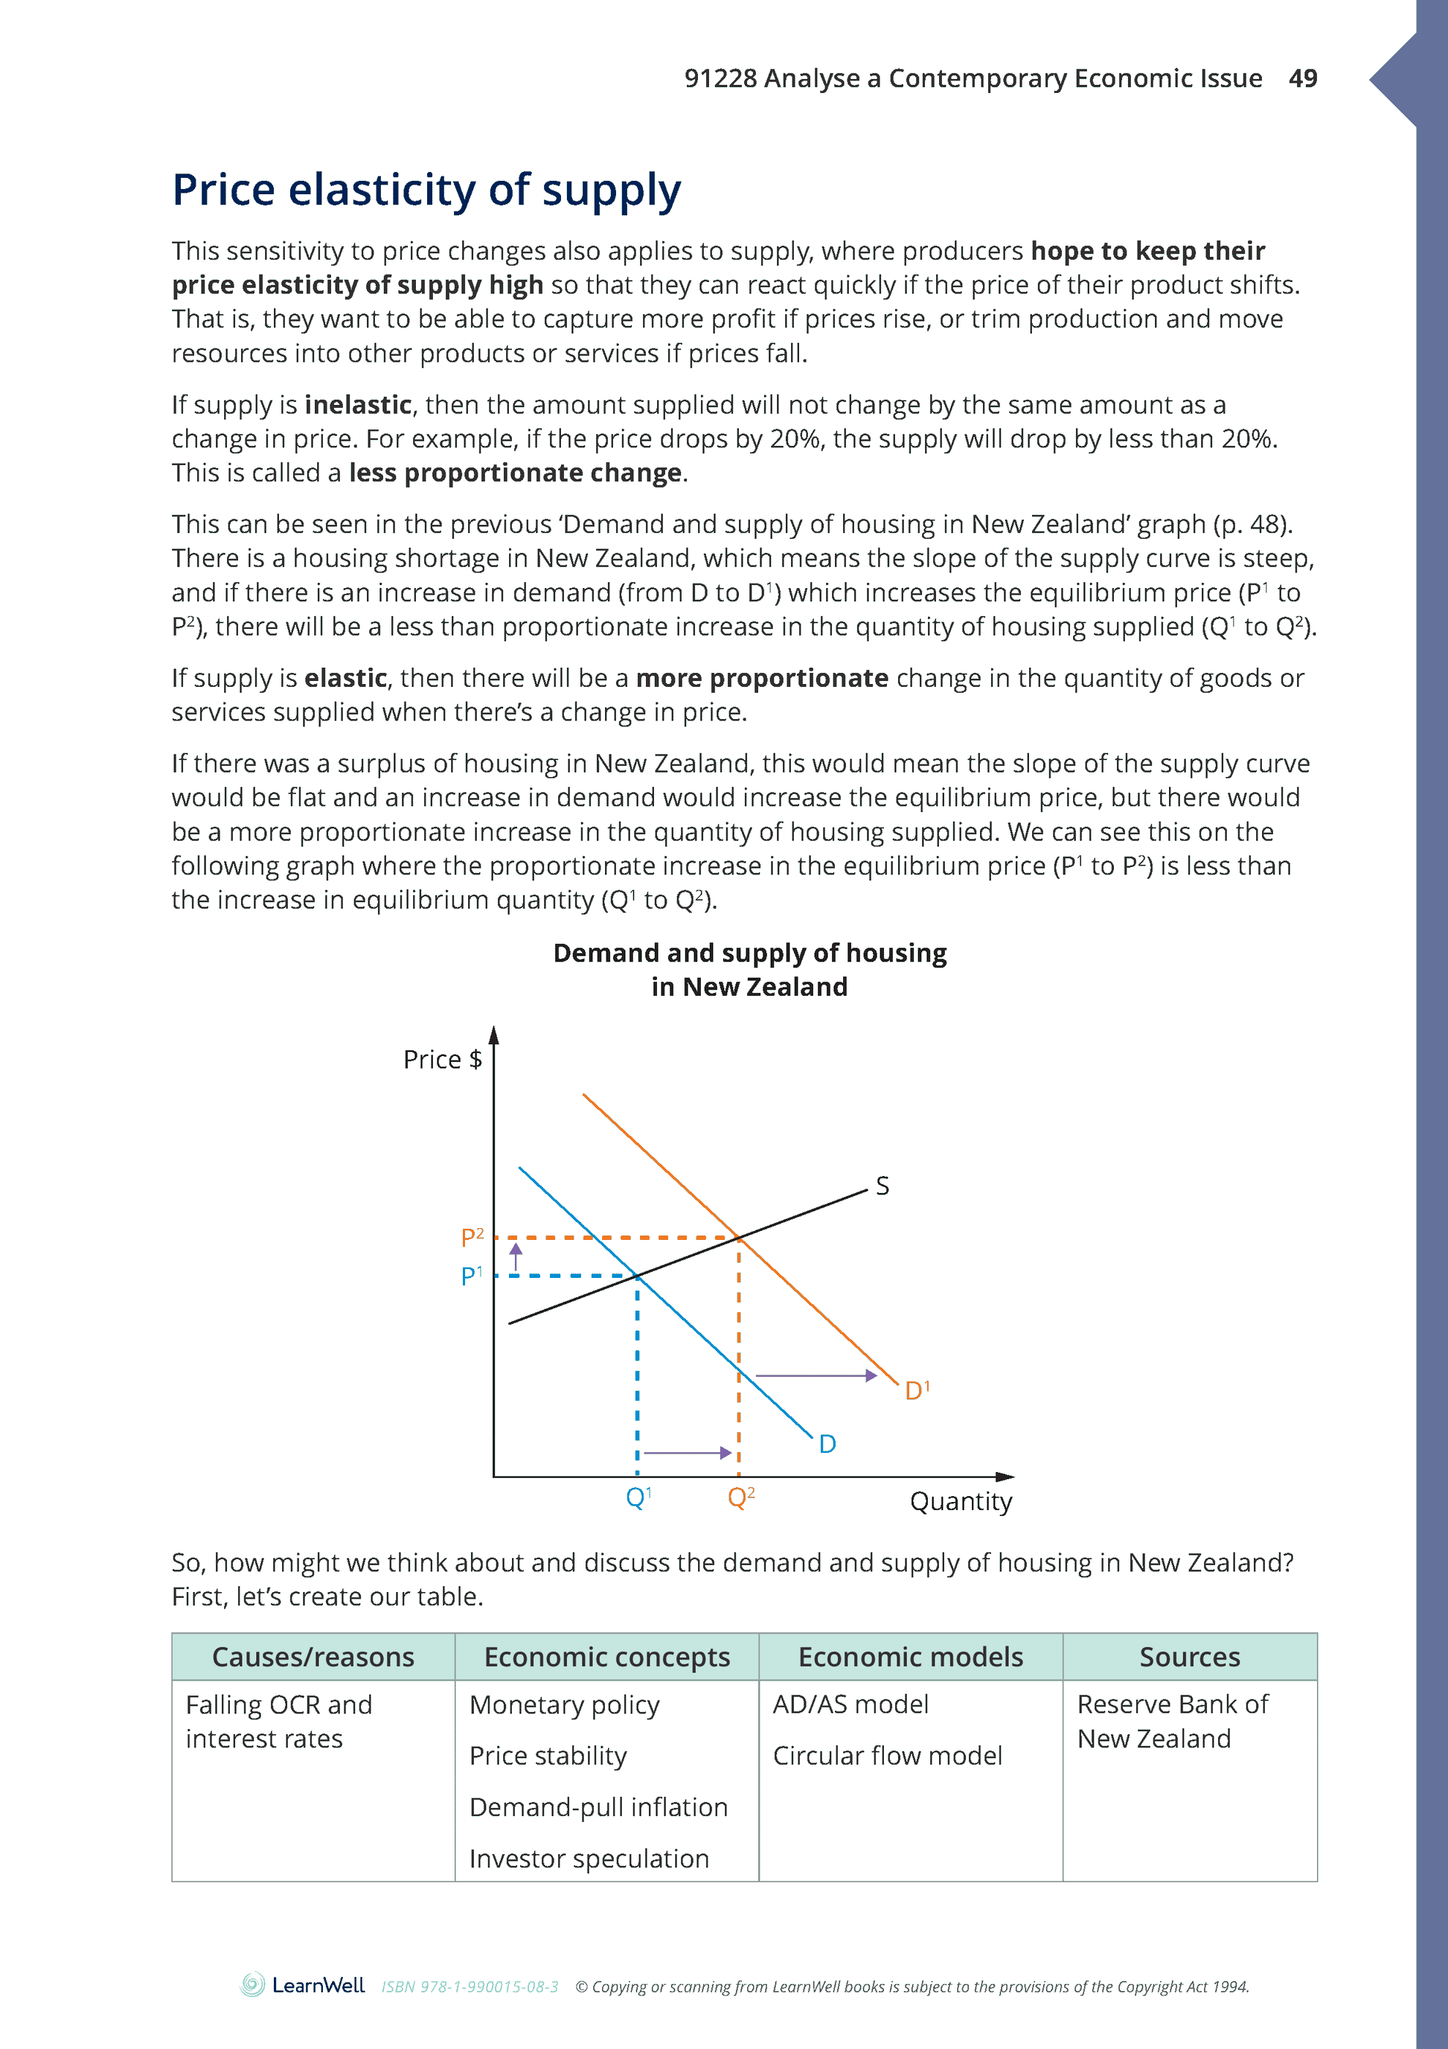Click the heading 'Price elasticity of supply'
pyautogui.click(x=426, y=190)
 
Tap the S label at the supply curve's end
pyautogui.click(x=882, y=1186)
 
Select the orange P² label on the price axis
pyautogui.click(x=472, y=1238)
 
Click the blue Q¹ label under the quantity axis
pyautogui.click(x=638, y=1497)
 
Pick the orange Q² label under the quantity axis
pyautogui.click(x=740, y=1497)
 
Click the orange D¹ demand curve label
pyautogui.click(x=916, y=1390)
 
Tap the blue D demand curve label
pyautogui.click(x=827, y=1444)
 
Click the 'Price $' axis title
pyautogui.click(x=442, y=1059)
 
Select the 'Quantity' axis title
pyautogui.click(x=960, y=1501)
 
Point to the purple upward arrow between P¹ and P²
pyautogui.click(x=516, y=1256)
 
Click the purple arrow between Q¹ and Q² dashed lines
pyautogui.click(x=687, y=1453)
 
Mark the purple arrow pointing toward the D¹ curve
pyautogui.click(x=816, y=1376)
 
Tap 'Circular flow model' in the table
pyautogui.click(x=887, y=1756)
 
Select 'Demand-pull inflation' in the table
pyautogui.click(x=598, y=1807)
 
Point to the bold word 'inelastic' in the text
pyautogui.click(x=358, y=405)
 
